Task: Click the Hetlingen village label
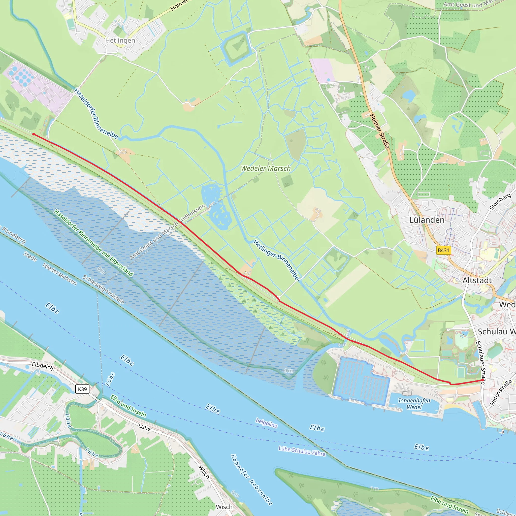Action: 120,40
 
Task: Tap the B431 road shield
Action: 443,250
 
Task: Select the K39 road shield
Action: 82,389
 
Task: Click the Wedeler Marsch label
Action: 266,168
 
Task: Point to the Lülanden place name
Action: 427,220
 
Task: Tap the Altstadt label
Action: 477,280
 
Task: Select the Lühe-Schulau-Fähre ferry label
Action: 302,451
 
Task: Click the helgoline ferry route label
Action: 266,423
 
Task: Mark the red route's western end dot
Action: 34,134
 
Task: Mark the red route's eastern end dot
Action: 482,380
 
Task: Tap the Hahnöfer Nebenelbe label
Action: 252,479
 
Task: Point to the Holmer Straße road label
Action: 379,131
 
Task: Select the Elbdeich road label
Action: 43,366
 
